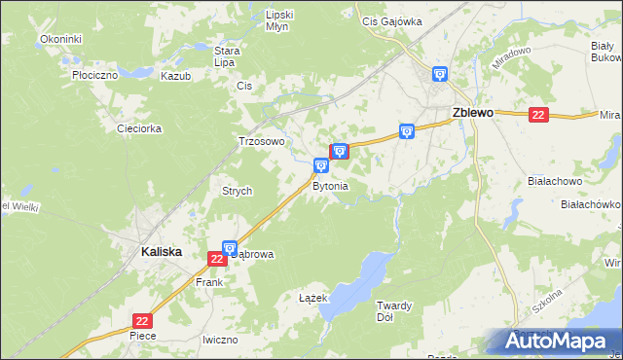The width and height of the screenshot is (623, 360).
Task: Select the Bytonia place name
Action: point(330,185)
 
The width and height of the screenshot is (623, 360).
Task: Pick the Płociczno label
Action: point(95,74)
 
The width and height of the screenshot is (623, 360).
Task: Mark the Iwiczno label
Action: point(220,340)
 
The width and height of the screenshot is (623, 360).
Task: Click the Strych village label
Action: point(238,191)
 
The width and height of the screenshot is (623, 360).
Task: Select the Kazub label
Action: point(176,75)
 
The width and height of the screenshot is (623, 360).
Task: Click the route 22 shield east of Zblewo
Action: point(538,115)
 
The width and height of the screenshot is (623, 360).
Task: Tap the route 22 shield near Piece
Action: point(143,320)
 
